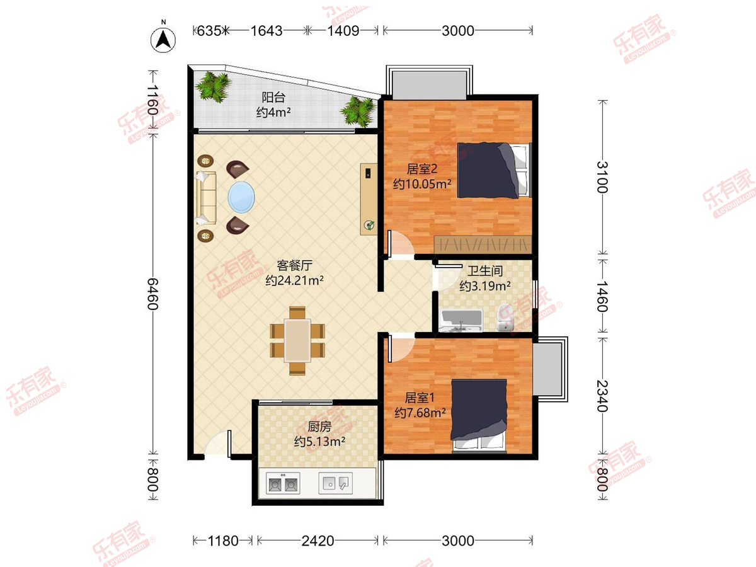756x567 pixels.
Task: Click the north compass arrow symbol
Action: [163, 40]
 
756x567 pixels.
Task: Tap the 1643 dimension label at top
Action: [266, 31]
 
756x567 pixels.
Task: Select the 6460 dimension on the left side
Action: [153, 294]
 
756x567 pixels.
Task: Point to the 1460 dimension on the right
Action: [602, 296]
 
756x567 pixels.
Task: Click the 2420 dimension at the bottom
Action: [318, 541]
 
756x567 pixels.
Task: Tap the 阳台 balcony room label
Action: [273, 97]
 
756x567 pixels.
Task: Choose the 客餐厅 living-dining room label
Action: [294, 265]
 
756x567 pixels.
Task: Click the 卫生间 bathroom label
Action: [485, 271]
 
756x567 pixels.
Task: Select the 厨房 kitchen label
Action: [319, 427]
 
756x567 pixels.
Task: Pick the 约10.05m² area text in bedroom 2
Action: [422, 184]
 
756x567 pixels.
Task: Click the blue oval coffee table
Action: [241, 197]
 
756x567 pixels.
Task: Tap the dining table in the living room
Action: [297, 340]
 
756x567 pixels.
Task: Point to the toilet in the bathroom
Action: [505, 318]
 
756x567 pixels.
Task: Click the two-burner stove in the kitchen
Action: [283, 484]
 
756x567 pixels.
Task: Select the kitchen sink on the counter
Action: [335, 483]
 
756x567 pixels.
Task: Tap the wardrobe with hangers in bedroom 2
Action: [483, 245]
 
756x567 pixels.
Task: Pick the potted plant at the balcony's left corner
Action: [214, 87]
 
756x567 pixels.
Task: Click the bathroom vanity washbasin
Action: [462, 321]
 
